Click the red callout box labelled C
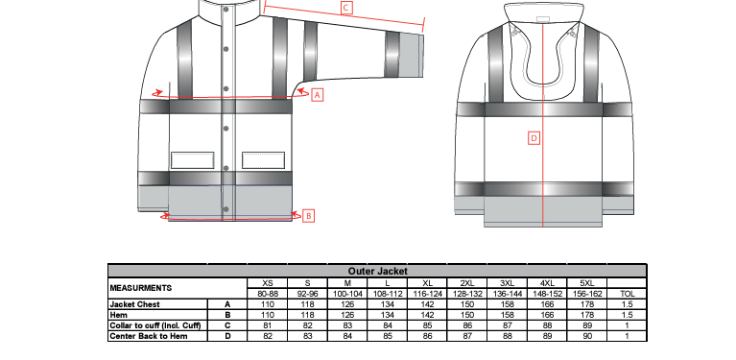point(346,8)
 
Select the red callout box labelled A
point(318,95)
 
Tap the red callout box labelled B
point(308,216)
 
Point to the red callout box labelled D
point(534,138)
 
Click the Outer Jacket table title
point(377,272)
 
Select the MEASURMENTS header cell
point(141,288)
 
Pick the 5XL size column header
point(586,283)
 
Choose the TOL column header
point(628,294)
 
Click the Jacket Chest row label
point(134,304)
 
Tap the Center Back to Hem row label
point(149,336)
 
